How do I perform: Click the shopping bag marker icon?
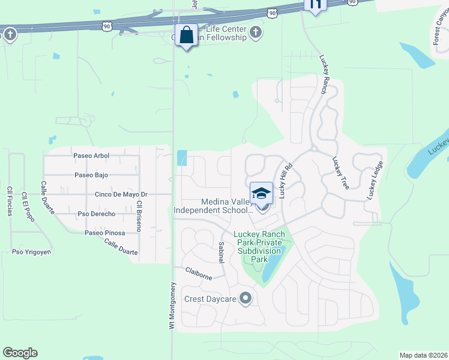(x=187, y=35)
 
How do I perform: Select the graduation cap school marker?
(x=261, y=193)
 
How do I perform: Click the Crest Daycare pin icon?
(x=245, y=298)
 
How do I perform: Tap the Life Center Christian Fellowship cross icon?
(x=256, y=32)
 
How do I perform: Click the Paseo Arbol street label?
(x=91, y=156)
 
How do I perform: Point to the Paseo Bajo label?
(x=91, y=175)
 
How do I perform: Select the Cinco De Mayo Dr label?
(x=121, y=194)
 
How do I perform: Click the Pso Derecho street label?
(x=97, y=214)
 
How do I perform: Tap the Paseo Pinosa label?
(x=104, y=233)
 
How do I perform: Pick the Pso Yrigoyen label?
(x=31, y=252)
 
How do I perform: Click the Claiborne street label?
(x=199, y=273)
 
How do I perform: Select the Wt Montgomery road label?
(x=172, y=305)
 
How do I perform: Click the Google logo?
(x=20, y=353)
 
